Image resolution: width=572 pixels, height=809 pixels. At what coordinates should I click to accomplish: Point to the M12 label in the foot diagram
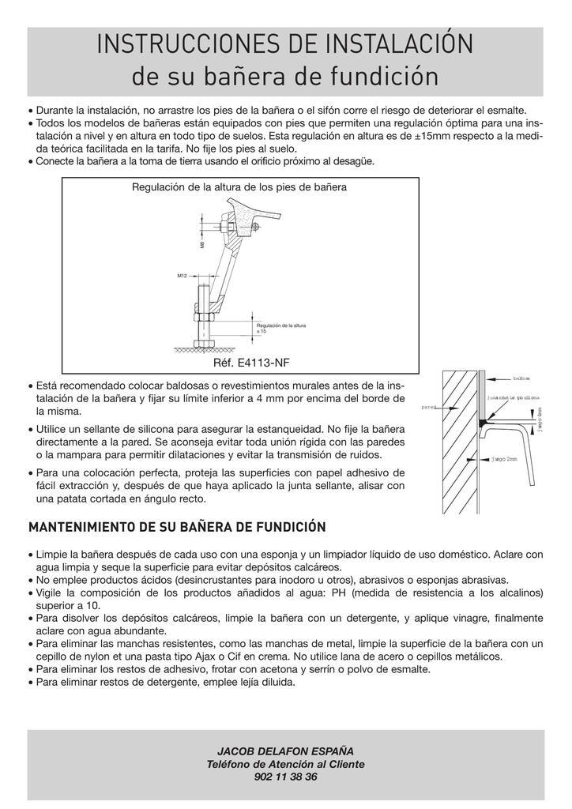[x=182, y=276]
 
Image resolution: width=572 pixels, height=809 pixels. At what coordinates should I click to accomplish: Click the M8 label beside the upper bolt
[x=202, y=245]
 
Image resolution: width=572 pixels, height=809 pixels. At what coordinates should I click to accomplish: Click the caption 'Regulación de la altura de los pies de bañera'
[x=239, y=188]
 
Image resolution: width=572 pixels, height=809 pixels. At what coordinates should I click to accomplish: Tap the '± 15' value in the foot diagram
[x=262, y=331]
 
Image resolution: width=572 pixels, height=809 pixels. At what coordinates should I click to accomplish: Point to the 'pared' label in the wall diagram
[x=429, y=408]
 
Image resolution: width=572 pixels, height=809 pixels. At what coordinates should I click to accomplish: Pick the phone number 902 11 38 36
[x=286, y=777]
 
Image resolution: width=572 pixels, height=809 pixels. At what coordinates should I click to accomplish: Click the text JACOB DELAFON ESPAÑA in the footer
[x=286, y=751]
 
